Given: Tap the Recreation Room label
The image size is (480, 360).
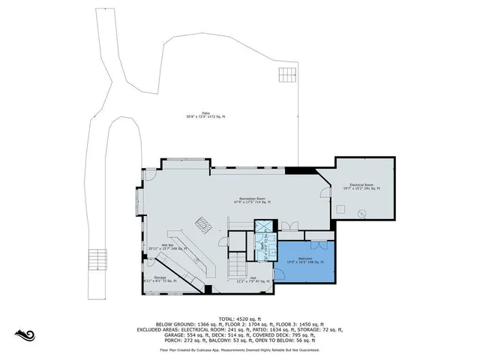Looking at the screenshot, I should (250, 200).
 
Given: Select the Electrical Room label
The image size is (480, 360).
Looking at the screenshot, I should (361, 186).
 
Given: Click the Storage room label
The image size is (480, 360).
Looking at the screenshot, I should (159, 278).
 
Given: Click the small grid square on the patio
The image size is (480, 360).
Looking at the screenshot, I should (287, 75).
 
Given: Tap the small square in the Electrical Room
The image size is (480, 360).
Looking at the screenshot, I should (340, 210).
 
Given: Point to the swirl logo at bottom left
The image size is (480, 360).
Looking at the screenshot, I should (25, 334).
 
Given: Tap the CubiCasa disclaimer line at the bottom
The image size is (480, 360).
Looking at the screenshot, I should (239, 349).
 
